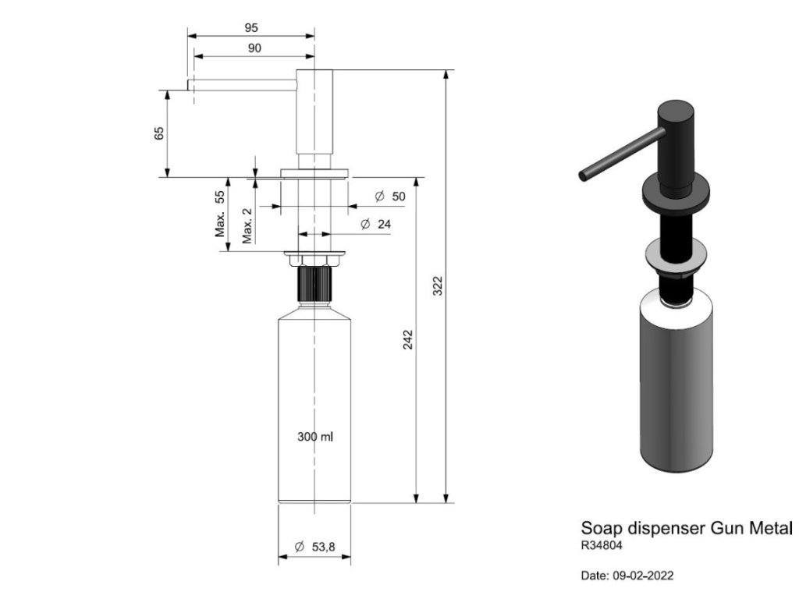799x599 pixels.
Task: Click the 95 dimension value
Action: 251,27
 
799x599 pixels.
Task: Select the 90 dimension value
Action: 254,48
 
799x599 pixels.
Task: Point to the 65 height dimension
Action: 160,133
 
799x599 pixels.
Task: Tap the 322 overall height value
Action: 437,285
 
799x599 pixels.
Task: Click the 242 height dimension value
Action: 407,339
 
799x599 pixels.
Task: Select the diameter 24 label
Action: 376,225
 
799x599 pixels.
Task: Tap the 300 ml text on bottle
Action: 315,437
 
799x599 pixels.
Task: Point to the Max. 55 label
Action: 221,214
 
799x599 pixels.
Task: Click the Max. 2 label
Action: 247,225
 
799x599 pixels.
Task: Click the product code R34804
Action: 602,546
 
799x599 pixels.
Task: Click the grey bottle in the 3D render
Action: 675,382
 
